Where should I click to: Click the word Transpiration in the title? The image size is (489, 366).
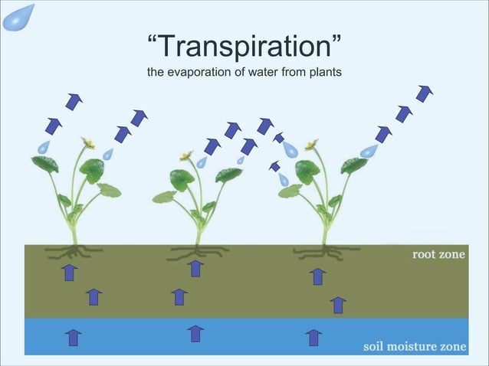pos(244,48)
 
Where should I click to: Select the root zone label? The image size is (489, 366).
pos(438,254)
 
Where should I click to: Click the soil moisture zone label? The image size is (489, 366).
pos(414,346)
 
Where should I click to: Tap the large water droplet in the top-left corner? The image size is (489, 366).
pos(17,16)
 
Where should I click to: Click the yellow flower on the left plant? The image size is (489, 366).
pos(89,143)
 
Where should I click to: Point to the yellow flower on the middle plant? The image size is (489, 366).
pos(185,156)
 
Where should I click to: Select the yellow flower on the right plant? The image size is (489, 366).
pos(311,144)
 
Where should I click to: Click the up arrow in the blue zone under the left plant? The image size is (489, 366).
pos(73,337)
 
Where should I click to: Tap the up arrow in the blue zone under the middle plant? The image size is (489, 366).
pos(195,334)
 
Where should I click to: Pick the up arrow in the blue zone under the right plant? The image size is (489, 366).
pos(313,337)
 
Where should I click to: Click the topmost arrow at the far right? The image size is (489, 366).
pos(425,93)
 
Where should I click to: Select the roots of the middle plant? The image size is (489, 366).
pos(196,252)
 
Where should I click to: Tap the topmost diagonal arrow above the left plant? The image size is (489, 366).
pos(74,100)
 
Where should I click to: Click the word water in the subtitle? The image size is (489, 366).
pos(252,73)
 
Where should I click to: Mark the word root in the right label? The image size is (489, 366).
pos(425,254)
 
